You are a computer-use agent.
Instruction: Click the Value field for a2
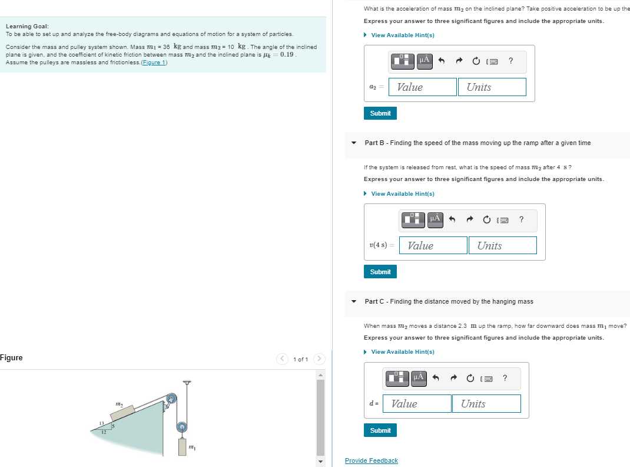(422, 87)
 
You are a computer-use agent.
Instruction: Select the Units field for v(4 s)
(502, 246)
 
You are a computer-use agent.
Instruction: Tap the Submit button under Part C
(380, 430)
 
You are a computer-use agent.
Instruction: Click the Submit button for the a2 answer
(380, 113)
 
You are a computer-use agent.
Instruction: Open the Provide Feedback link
(371, 461)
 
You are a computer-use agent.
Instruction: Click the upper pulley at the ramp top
(171, 400)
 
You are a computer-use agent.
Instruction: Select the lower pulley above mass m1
(182, 426)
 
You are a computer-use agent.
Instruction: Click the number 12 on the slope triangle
(104, 432)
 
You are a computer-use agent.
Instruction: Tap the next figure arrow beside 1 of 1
(319, 359)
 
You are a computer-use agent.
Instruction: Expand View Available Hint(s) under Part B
(402, 194)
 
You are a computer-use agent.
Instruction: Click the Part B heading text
(478, 143)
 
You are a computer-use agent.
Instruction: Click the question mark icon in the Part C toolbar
(505, 378)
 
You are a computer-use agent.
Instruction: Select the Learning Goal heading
(27, 27)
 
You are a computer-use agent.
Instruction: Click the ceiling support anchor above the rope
(187, 382)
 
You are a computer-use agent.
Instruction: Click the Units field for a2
(491, 87)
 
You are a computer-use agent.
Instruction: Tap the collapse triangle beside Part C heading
(353, 301)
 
